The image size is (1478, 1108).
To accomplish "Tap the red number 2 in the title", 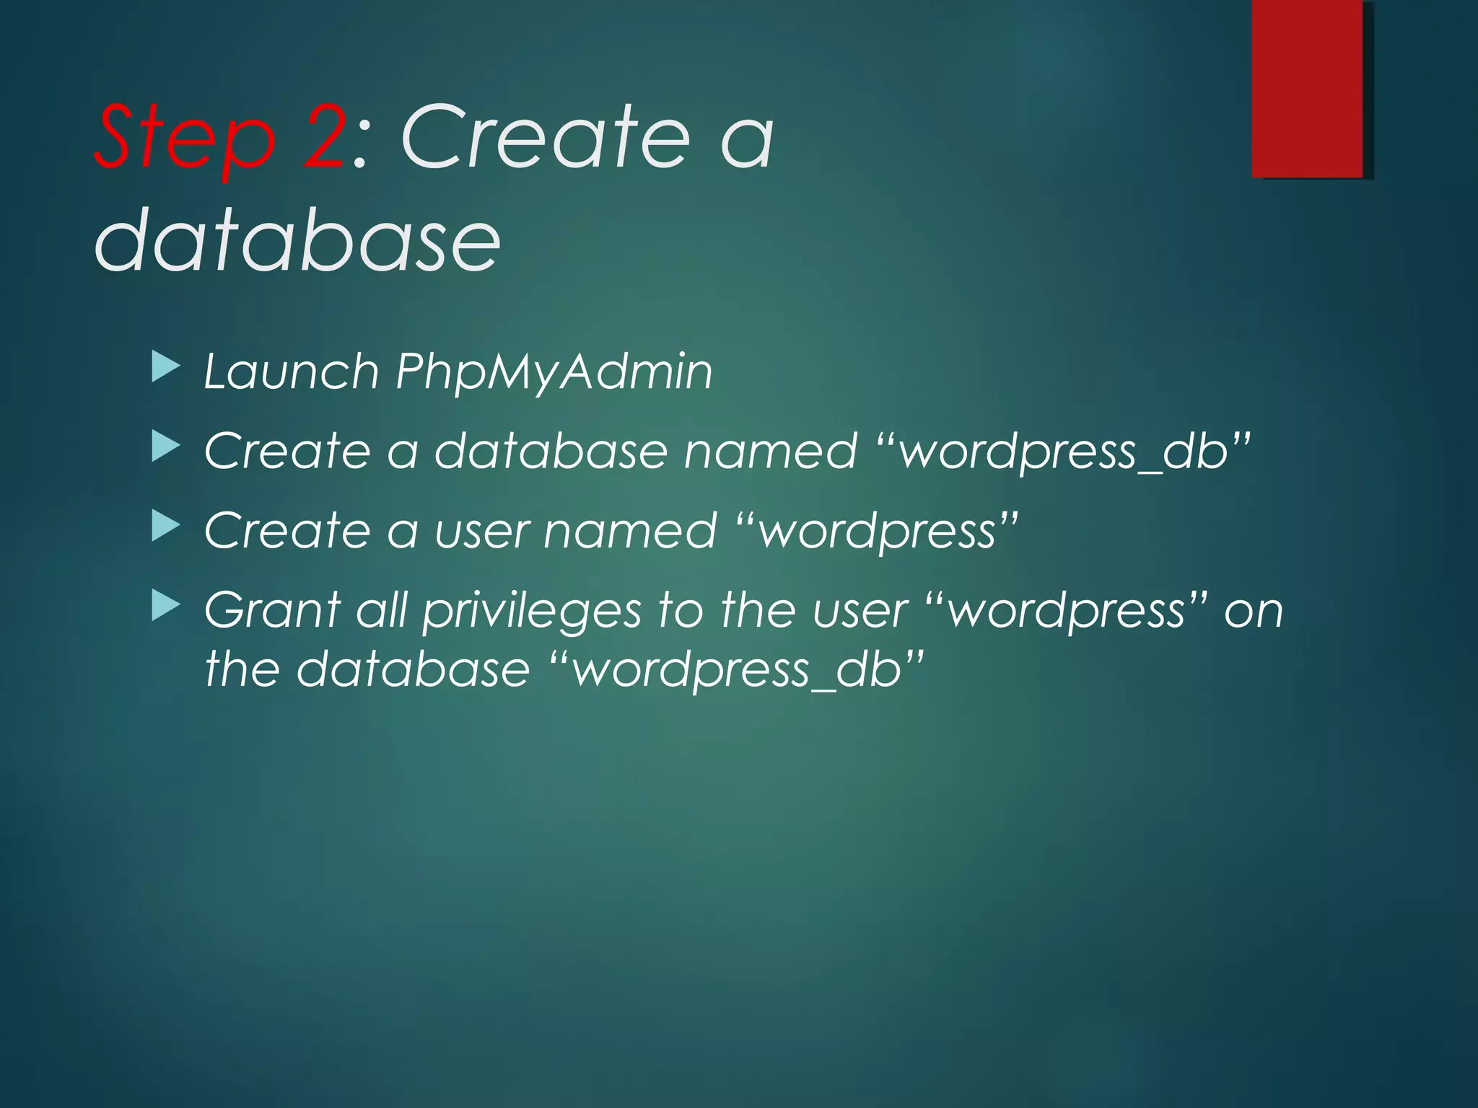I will [324, 137].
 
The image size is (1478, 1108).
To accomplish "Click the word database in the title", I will [297, 239].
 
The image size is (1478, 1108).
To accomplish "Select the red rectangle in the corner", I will [1307, 88].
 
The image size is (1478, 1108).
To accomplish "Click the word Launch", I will [292, 372].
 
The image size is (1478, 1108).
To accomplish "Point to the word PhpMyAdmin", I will [554, 372].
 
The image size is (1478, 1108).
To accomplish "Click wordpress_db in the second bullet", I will [1064, 452].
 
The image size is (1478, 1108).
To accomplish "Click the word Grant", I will [272, 610].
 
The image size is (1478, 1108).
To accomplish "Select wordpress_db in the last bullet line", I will [737, 670].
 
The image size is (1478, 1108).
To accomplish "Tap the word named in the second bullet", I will [770, 452].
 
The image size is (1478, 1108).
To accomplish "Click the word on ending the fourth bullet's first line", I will [1254, 612].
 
